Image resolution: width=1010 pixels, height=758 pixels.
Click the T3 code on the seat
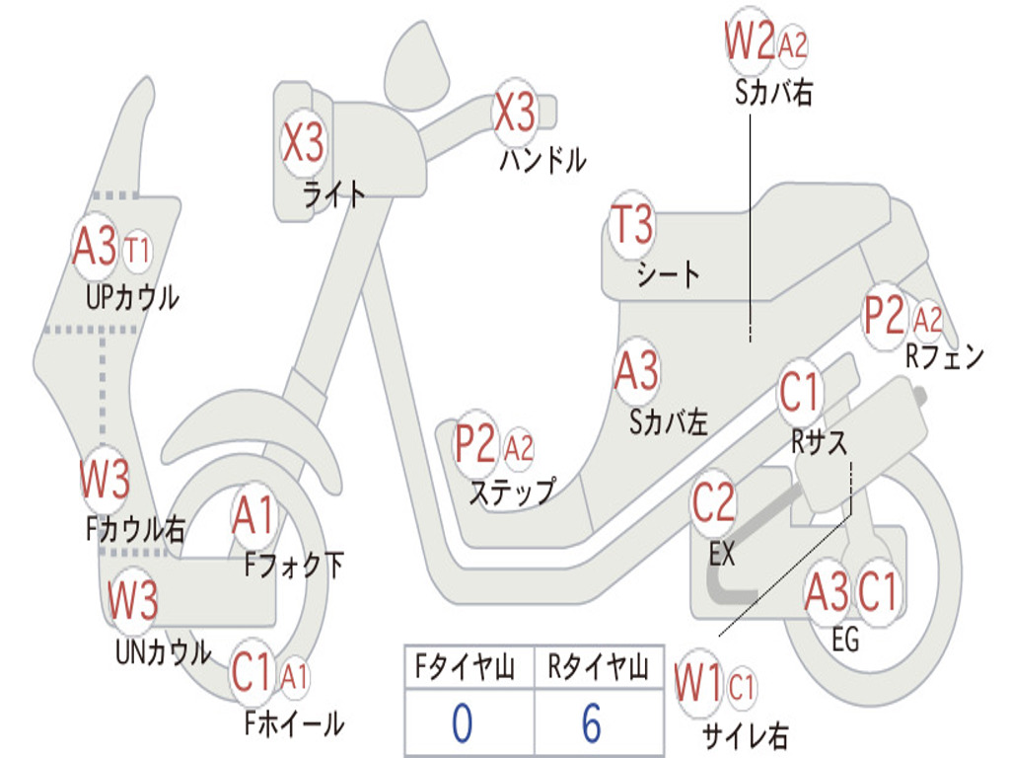coord(632,226)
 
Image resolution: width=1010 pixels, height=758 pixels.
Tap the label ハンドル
coord(542,159)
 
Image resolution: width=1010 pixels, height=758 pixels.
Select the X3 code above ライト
coord(303,142)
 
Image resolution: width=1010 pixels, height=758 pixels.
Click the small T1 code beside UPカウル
coord(138,250)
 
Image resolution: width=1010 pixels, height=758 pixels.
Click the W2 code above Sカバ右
coord(749,42)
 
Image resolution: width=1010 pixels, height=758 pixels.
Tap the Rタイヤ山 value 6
coord(592,723)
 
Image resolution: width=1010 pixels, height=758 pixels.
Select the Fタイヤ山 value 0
coord(462,723)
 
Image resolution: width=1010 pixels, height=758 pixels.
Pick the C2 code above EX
coord(713,503)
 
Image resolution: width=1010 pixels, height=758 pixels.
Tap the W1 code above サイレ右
coord(699,684)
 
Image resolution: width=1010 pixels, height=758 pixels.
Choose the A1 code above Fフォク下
coord(255,515)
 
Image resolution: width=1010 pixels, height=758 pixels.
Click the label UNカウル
coord(163,651)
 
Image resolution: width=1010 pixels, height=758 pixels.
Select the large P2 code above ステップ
coord(475,444)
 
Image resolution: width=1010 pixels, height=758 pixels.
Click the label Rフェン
coord(945,358)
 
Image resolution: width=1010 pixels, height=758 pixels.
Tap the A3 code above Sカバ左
coord(636,372)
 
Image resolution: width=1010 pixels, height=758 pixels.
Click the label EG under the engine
coord(845,640)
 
